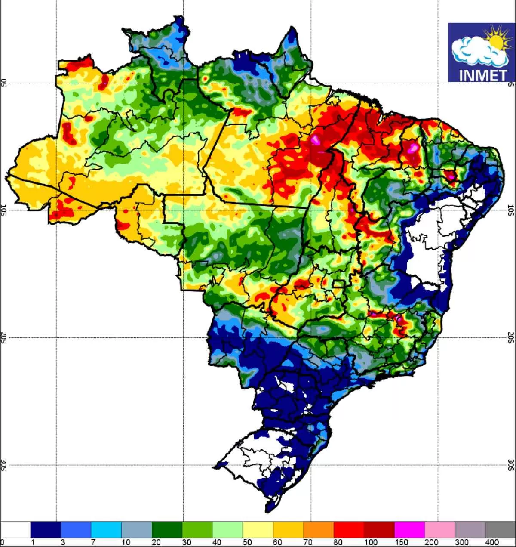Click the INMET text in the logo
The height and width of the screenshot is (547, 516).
coord(483,75)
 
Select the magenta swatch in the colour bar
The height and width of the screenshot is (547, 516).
coord(409,530)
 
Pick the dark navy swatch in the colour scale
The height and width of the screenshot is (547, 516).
coord(46,530)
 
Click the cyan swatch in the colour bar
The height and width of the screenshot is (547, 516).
coord(106,530)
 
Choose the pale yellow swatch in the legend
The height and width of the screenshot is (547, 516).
coord(258,530)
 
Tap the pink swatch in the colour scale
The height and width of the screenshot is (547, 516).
coord(440,530)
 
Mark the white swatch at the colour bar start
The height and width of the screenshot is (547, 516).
coord(15,530)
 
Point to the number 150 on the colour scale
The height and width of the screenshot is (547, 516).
coord(401,542)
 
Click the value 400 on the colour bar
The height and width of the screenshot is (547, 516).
coord(492,542)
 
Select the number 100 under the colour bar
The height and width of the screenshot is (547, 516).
coord(371,542)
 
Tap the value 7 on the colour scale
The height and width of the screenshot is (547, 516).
coord(93,542)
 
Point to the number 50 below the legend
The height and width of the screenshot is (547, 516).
coord(247,542)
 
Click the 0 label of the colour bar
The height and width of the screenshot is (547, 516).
coord(3,542)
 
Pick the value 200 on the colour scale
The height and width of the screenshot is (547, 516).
coord(431,542)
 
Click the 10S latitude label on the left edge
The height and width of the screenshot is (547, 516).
coord(4,210)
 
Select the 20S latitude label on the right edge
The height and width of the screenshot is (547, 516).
coord(511,338)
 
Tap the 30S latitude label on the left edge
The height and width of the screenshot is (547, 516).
coord(4,465)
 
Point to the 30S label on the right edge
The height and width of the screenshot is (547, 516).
coord(511,465)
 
